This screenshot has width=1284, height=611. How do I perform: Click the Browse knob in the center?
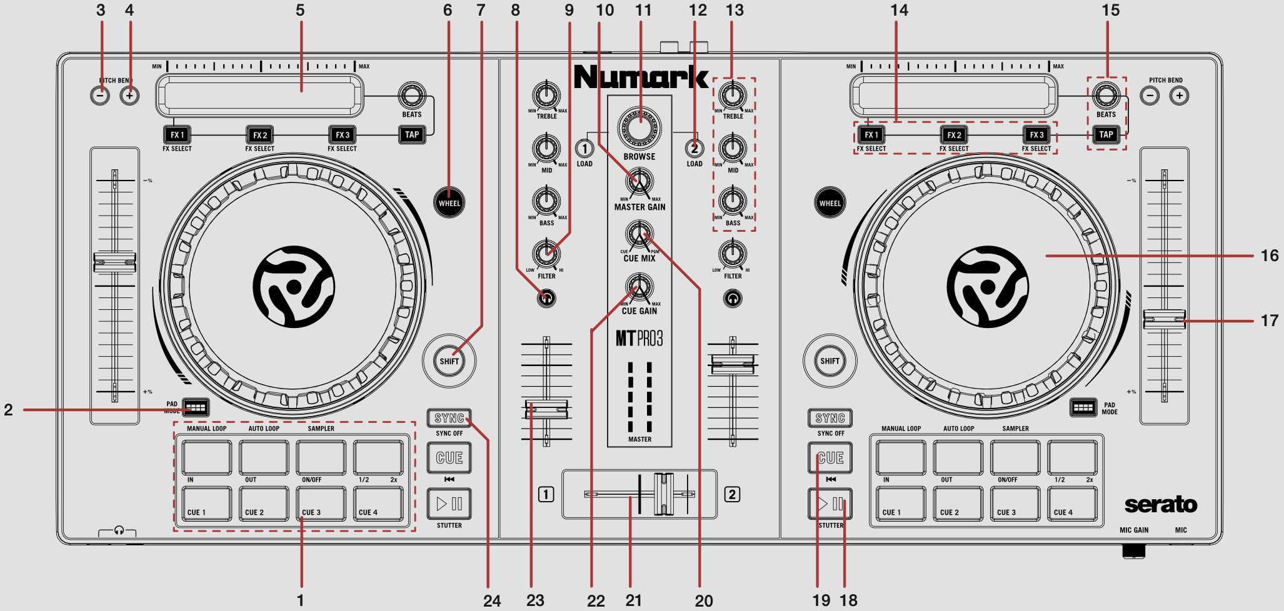(639, 128)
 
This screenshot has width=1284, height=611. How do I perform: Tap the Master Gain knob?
(639, 182)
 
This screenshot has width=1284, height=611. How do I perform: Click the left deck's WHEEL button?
(449, 202)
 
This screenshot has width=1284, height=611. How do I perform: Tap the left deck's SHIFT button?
(449, 360)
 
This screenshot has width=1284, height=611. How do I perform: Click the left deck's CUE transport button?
(449, 458)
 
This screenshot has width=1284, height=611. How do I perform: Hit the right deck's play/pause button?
(830, 504)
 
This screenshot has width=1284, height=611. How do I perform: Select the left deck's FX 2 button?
(260, 135)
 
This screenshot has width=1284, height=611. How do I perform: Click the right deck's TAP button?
(1106, 134)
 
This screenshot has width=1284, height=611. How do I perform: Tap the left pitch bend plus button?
(129, 96)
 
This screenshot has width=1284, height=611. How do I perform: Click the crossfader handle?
(663, 494)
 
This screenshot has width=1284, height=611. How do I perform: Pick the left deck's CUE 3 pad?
(321, 504)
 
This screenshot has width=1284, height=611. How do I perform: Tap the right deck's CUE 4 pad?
(1072, 504)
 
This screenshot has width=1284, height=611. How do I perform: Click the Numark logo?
(640, 77)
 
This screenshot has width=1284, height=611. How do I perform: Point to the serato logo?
(1160, 504)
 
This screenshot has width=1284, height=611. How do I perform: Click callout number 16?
(1269, 256)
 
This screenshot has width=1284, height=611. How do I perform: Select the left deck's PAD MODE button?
(196, 407)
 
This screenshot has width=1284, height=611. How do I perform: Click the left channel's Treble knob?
(546, 95)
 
